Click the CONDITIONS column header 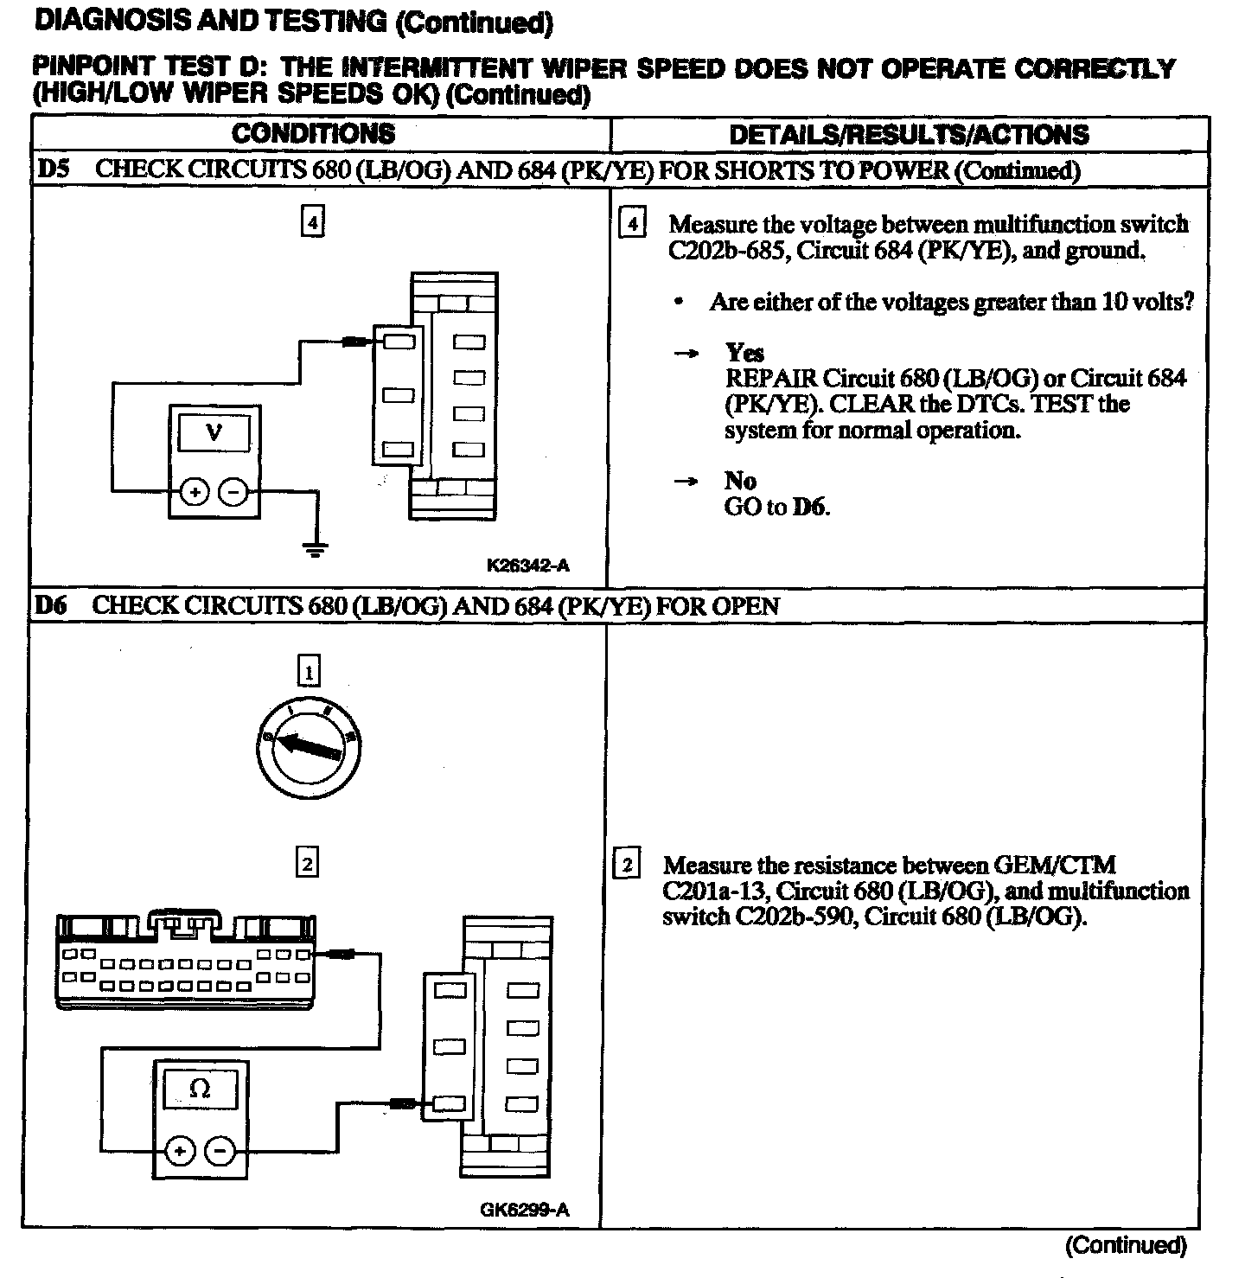click(x=313, y=133)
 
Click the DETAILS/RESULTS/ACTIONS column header click(x=909, y=134)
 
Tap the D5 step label click(x=52, y=169)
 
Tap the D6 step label click(x=50, y=605)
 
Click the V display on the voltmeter click(x=214, y=432)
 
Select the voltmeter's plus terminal click(x=195, y=493)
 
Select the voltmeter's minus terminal click(x=233, y=493)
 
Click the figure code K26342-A click(x=527, y=566)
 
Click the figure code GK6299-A click(x=525, y=1210)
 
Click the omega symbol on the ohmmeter click(x=200, y=1088)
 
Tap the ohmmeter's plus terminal click(x=180, y=1151)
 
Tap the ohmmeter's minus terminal click(x=220, y=1151)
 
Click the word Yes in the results click(x=744, y=353)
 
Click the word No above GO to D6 click(x=740, y=481)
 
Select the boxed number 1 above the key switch click(x=308, y=671)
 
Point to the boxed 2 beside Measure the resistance click(x=627, y=865)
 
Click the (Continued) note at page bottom click(x=1126, y=1246)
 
